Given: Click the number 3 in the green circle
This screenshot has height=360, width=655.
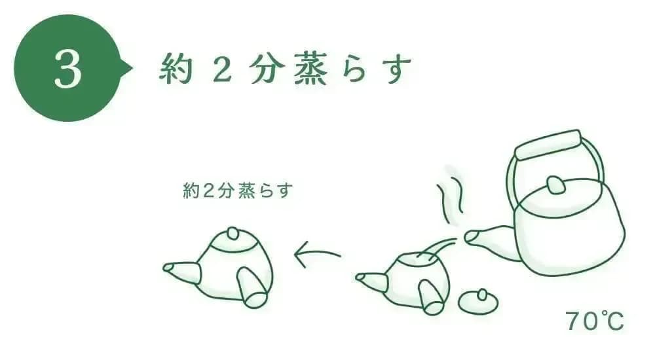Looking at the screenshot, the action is [67, 69].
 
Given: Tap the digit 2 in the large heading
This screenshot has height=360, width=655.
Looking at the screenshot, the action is [222, 69].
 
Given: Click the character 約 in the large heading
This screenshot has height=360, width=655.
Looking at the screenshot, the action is [176, 69].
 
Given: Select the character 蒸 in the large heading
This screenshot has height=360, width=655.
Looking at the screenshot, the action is [310, 69].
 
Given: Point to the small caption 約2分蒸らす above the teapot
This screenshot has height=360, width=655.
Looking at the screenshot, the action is [237, 191].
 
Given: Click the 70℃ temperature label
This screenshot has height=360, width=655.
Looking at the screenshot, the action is [595, 321].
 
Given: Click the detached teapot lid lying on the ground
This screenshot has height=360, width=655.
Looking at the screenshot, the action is [478, 302].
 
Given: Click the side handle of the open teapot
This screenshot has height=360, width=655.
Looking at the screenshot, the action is [432, 297].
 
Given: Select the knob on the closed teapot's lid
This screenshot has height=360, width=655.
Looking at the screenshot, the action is [233, 234].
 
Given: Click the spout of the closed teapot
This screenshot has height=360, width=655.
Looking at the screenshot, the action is [181, 272].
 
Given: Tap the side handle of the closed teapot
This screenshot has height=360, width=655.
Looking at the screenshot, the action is [252, 288].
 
